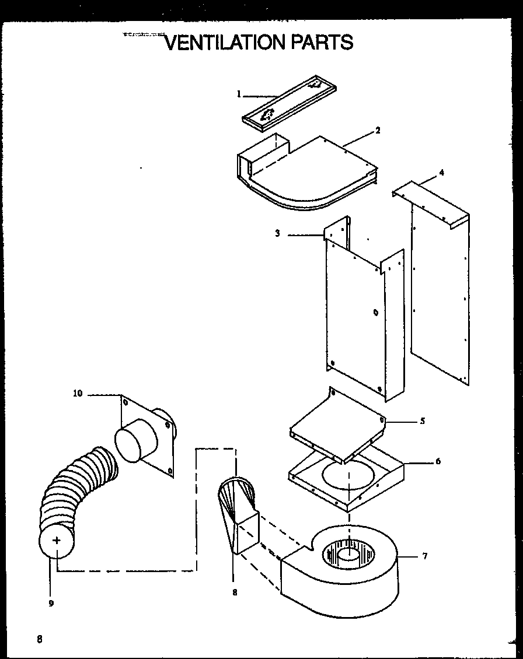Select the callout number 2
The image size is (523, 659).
click(x=378, y=131)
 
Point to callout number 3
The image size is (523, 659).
click(x=278, y=233)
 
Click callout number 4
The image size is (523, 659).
click(x=441, y=173)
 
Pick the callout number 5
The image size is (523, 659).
click(x=422, y=420)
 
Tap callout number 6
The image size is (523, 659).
click(x=438, y=461)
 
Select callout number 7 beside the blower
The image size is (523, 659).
click(x=424, y=556)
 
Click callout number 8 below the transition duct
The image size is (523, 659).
click(x=235, y=593)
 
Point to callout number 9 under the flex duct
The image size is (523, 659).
click(x=51, y=604)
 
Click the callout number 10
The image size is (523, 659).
click(x=78, y=394)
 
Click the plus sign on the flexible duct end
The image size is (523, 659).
click(x=57, y=541)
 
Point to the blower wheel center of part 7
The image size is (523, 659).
click(x=348, y=552)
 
